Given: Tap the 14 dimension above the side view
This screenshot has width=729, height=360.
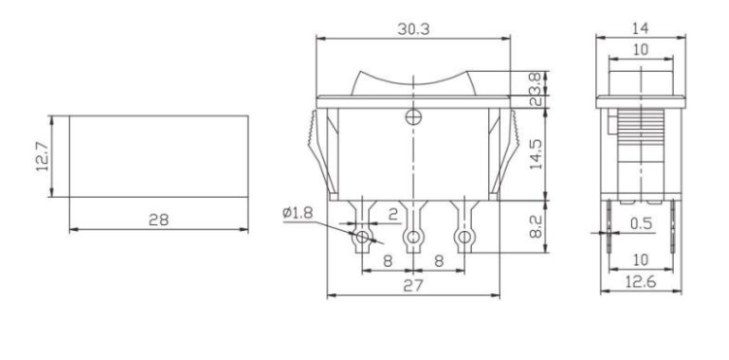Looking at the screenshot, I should [x=640, y=30].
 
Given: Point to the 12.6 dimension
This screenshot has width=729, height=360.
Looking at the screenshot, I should [x=640, y=283].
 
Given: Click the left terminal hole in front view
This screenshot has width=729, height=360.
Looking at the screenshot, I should [x=363, y=238].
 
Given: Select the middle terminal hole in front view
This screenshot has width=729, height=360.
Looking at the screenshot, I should [x=414, y=238].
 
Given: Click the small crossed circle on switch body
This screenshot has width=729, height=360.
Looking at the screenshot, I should [x=414, y=118].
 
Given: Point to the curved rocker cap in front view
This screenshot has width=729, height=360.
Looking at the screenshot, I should [x=414, y=82].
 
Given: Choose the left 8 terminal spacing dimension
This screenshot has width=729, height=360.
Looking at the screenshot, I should [x=388, y=260].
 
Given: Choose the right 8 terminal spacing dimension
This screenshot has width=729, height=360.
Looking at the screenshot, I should [x=440, y=260].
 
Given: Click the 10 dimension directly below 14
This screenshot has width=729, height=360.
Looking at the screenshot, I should [x=640, y=49].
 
